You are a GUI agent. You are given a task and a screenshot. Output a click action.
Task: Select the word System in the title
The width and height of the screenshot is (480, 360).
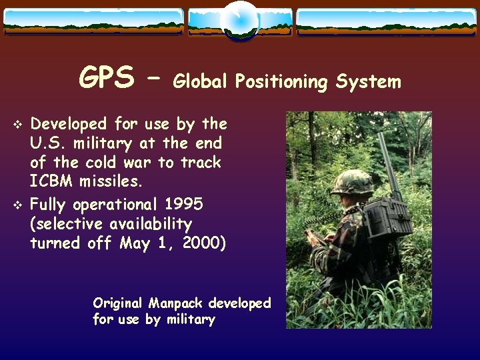point(369,81)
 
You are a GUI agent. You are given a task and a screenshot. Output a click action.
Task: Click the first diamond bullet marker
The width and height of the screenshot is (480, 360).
point(18,125)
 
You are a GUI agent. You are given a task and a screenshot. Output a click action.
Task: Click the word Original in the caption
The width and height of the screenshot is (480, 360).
point(119,303)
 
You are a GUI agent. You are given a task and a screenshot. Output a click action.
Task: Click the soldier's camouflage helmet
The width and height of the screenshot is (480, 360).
point(351,181)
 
